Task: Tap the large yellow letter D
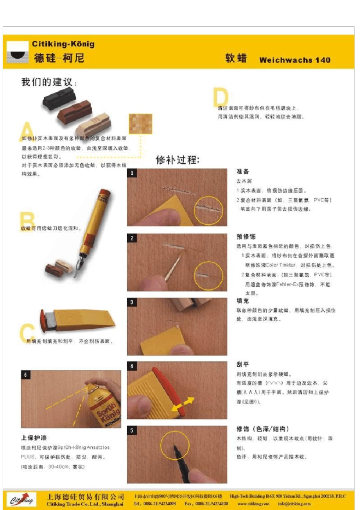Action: (221, 98)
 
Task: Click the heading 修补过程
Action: (177, 160)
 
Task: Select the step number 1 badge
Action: (132, 173)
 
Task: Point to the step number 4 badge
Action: (132, 366)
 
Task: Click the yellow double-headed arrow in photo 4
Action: (183, 404)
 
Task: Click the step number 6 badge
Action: (25, 375)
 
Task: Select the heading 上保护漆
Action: (34, 438)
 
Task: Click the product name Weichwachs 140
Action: (294, 60)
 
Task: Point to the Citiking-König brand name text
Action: (63, 44)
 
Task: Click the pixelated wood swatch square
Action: (140, 124)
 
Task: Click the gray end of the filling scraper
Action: (49, 320)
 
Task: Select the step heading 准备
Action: (243, 171)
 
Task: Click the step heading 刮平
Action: (243, 364)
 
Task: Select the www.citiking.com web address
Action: (253, 504)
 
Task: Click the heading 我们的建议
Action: (49, 82)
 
